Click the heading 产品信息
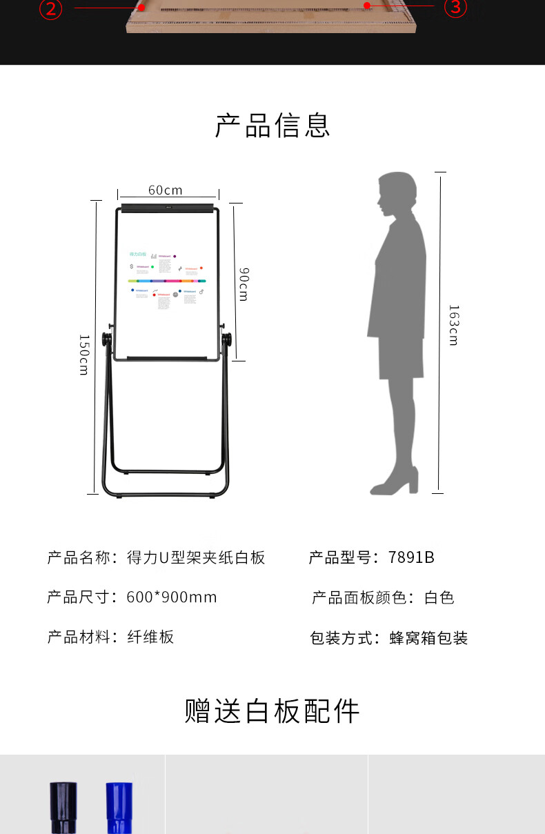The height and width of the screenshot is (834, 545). [x=272, y=125]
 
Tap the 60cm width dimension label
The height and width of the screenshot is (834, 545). [x=166, y=190]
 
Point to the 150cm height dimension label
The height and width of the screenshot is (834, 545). [x=83, y=355]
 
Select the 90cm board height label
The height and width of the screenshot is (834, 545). [x=243, y=284]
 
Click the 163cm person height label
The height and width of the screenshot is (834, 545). [x=453, y=325]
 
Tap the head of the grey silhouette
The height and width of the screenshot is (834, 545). [x=397, y=195]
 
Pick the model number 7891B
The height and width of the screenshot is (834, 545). [x=411, y=557]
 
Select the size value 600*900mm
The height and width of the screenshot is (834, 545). [x=172, y=597]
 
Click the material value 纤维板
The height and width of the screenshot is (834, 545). [x=150, y=637]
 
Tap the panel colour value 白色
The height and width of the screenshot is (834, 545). [x=439, y=597]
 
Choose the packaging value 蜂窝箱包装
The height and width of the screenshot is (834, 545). [x=428, y=638]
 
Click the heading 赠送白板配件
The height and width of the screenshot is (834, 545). [x=272, y=711]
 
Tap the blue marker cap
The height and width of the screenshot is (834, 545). [x=119, y=807]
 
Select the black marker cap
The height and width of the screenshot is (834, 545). [x=62, y=807]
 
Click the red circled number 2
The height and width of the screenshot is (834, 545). [x=50, y=8]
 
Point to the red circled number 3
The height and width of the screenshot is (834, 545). [x=455, y=7]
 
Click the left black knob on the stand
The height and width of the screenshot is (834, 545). [x=106, y=340]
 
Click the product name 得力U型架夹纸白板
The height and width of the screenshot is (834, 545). [x=196, y=557]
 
